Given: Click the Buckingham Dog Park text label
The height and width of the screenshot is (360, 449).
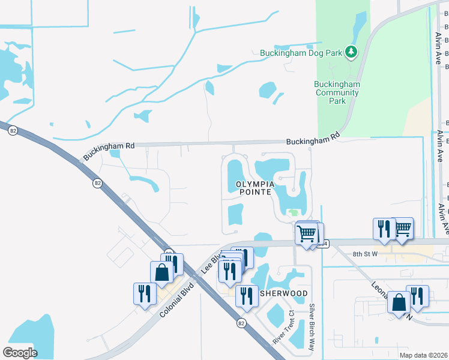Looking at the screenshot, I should [x=301, y=53].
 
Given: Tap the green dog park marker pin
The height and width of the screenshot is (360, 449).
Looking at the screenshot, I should [x=352, y=53].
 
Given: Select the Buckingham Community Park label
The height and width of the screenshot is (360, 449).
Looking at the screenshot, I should [x=337, y=92].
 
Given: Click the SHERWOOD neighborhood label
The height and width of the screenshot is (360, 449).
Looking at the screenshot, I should [x=284, y=293].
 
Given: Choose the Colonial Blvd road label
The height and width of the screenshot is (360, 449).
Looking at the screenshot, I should [x=178, y=299].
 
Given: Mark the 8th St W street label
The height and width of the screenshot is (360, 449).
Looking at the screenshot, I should [x=365, y=254].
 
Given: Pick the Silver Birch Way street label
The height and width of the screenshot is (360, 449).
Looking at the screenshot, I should [x=312, y=328].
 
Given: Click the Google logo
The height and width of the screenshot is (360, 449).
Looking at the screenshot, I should [x=20, y=353].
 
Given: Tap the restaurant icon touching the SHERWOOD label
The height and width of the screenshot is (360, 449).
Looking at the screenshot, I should [x=246, y=296].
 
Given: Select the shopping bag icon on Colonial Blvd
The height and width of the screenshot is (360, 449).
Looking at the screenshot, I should [x=162, y=272].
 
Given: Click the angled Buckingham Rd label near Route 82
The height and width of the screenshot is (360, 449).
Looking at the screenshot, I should [x=108, y=151].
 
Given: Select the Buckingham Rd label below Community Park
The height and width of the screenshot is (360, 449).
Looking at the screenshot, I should [x=313, y=140].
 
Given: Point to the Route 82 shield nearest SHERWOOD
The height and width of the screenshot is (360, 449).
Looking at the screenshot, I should [x=241, y=323].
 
